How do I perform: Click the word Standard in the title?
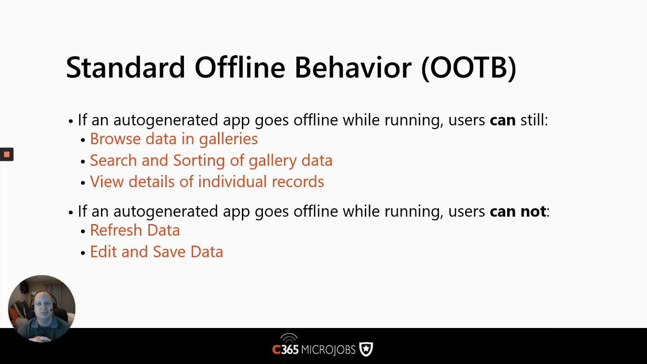(125, 67)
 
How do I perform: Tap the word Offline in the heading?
(240, 67)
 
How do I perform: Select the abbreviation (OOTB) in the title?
(468, 68)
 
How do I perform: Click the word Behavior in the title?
(353, 67)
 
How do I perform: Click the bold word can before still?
(502, 120)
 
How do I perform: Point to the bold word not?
(533, 211)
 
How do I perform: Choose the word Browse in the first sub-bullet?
(115, 138)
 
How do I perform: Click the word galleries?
(228, 139)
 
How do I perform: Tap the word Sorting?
(199, 160)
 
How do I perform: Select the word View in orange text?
(107, 182)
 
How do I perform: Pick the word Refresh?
(116, 230)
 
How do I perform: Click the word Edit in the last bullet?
(103, 252)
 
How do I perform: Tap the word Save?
(169, 252)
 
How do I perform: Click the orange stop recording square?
(7, 154)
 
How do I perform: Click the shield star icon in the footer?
(366, 349)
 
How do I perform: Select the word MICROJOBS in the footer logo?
(328, 350)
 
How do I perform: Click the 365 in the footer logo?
(290, 350)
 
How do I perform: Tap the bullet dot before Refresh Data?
(83, 232)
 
